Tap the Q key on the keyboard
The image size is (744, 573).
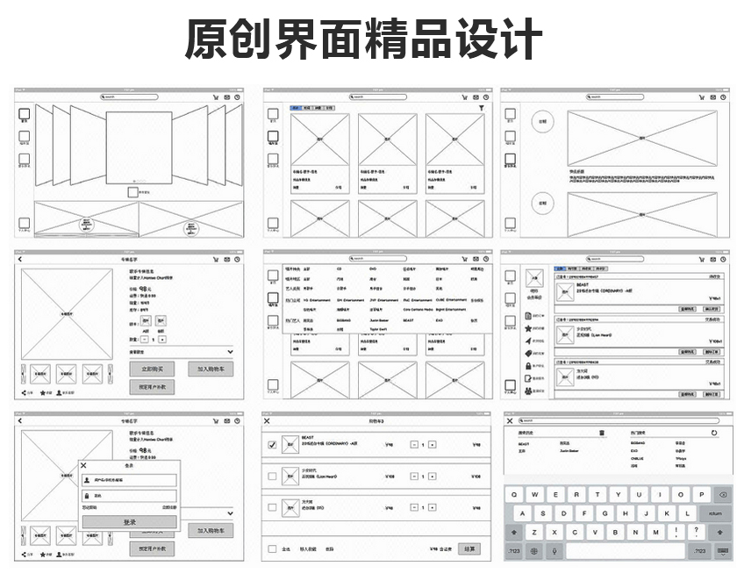513,495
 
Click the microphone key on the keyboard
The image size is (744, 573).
554,551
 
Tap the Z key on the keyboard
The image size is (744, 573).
533,533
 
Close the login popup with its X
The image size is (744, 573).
83,465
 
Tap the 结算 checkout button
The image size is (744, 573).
469,548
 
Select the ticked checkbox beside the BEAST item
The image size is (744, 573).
272,445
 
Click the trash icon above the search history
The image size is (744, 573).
602,433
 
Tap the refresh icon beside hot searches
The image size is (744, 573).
714,433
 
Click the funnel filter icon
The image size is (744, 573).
481,107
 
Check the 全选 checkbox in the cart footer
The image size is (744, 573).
272,549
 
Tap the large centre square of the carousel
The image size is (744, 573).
138,147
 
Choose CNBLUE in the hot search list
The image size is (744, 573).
638,458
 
